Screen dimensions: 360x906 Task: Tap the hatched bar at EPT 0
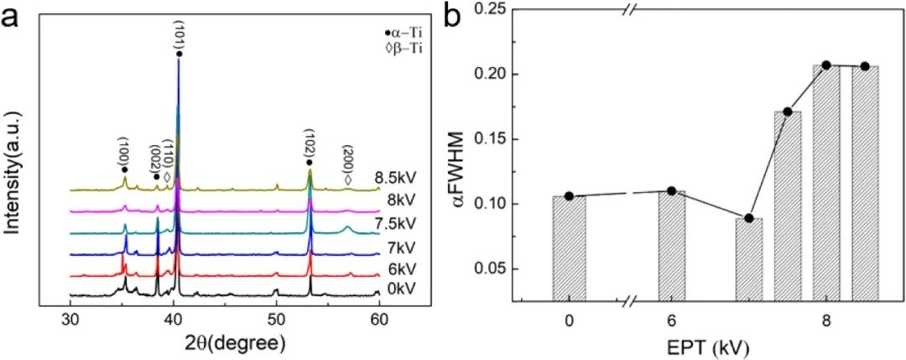(x=569, y=248)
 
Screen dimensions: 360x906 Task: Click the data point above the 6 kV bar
(x=671, y=190)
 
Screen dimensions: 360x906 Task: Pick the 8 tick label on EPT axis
(x=826, y=320)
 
